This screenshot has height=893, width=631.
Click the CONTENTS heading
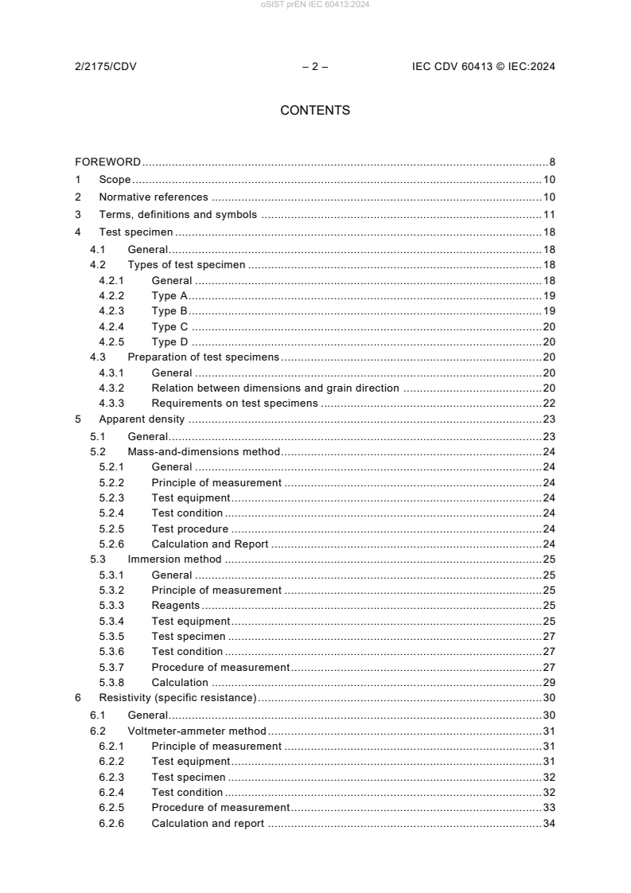[315, 111]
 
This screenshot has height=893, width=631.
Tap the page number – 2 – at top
[315, 67]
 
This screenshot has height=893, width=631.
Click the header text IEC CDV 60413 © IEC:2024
[483, 67]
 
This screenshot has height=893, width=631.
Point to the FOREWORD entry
[108, 162]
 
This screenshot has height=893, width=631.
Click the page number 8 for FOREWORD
[551, 162]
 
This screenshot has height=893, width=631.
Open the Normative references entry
[153, 197]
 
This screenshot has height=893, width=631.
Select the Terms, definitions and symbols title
[177, 215]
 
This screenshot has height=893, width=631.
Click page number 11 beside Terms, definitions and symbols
[549, 215]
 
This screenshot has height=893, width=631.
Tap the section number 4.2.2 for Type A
[112, 295]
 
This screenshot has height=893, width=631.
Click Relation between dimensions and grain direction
[275, 388]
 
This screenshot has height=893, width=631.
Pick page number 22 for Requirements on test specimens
[549, 404]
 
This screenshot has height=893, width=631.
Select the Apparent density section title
[141, 419]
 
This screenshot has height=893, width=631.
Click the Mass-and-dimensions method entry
[204, 451]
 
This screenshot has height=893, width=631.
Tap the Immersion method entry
[174, 560]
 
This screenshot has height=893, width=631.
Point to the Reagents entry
[175, 606]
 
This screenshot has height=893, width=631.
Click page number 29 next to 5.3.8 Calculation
[549, 683]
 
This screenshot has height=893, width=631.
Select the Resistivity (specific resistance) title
[177, 698]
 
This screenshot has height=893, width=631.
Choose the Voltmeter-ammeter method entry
[197, 731]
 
